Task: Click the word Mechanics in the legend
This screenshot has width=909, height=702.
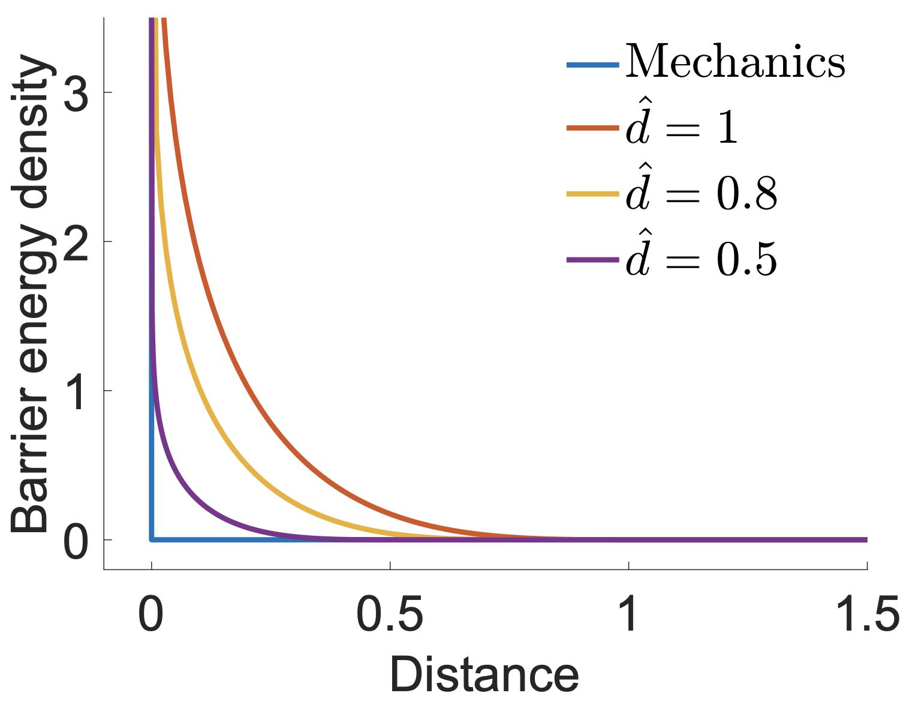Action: point(735,62)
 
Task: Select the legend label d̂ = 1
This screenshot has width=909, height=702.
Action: point(682,127)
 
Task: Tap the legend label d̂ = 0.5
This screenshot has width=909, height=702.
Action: point(702,259)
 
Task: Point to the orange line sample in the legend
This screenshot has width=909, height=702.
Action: point(592,128)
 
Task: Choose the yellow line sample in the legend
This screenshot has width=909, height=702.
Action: point(592,194)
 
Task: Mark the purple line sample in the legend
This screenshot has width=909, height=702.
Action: point(592,260)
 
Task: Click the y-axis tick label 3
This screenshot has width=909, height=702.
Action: point(76,92)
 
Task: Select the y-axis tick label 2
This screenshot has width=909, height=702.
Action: point(76,241)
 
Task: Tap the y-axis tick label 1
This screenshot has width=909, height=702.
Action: point(77,391)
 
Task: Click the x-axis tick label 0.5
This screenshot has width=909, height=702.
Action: point(390,614)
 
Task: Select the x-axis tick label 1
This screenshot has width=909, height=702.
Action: point(629,614)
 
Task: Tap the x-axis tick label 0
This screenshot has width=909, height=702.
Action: point(151,614)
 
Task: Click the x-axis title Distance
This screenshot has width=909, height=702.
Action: point(484,676)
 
